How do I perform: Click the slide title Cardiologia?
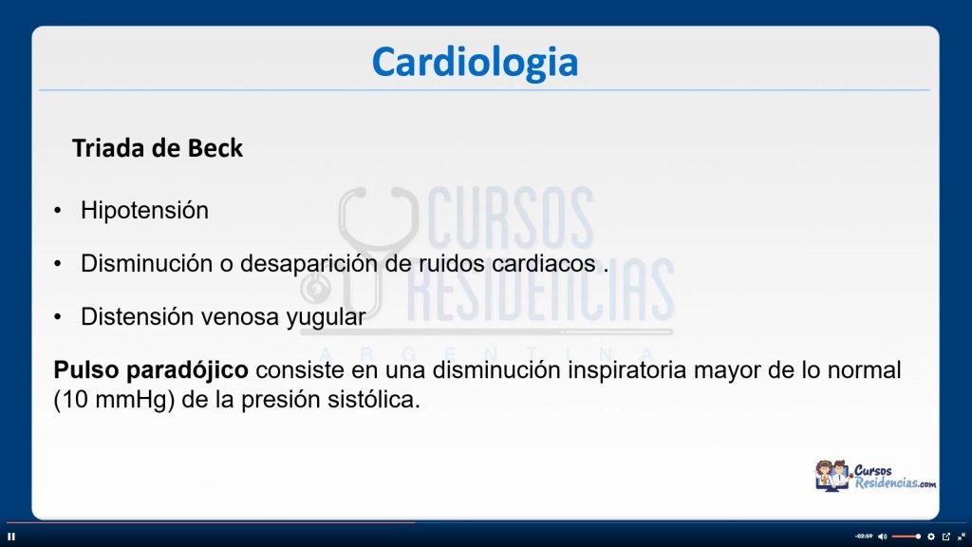pyautogui.click(x=475, y=62)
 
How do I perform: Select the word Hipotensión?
pyautogui.click(x=144, y=211)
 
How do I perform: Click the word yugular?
pyautogui.click(x=326, y=317)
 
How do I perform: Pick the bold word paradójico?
pyautogui.click(x=187, y=371)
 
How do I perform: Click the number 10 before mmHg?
pyautogui.click(x=75, y=400)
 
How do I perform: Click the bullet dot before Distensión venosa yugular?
pyautogui.click(x=58, y=317)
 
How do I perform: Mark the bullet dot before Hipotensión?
pyautogui.click(x=58, y=211)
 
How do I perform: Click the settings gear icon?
pyautogui.click(x=931, y=537)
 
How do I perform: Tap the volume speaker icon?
pyautogui.click(x=882, y=537)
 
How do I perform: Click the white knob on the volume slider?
pyautogui.click(x=918, y=537)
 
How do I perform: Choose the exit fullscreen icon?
pyautogui.click(x=962, y=537)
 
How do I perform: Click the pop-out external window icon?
pyautogui.click(x=946, y=537)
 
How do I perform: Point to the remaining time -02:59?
pyautogui.click(x=864, y=537)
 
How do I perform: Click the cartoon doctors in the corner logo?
pyautogui.click(x=832, y=476)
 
